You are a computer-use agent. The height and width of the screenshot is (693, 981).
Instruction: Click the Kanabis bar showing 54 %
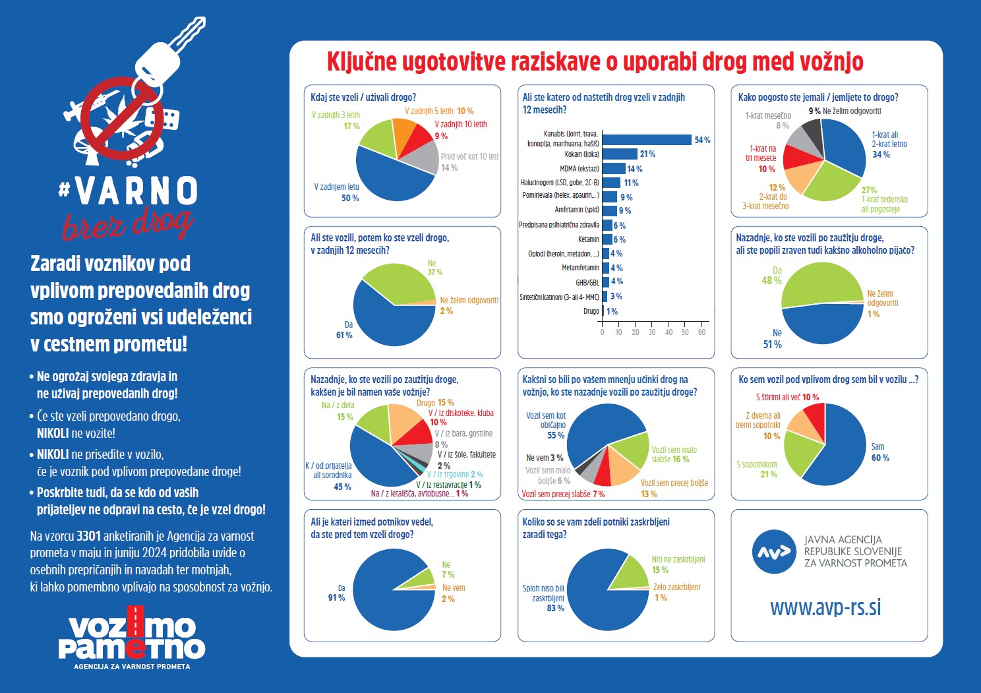647,140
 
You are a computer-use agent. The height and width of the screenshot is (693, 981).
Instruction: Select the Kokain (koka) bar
620,154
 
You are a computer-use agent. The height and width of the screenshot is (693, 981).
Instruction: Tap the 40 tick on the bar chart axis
669,332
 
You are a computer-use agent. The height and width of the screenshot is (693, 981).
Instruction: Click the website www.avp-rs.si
825,607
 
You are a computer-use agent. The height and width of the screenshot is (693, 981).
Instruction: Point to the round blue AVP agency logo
773,551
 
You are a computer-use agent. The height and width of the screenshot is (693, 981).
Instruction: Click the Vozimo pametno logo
132,638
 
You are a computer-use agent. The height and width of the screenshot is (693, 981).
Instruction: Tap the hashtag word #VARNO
128,191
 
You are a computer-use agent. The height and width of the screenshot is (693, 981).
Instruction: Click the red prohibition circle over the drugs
123,119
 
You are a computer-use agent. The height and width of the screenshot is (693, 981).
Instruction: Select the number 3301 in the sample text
88,536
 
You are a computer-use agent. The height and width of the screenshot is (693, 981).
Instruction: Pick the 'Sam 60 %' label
880,452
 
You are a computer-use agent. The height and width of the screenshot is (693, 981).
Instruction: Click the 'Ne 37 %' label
434,268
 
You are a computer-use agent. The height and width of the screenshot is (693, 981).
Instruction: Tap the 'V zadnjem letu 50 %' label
337,192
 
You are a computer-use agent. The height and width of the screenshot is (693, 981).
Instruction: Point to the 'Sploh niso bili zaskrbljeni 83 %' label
543,598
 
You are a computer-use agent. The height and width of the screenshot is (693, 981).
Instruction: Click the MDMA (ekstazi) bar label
580,169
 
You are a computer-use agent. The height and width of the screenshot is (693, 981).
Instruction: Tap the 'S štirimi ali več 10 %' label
787,397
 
